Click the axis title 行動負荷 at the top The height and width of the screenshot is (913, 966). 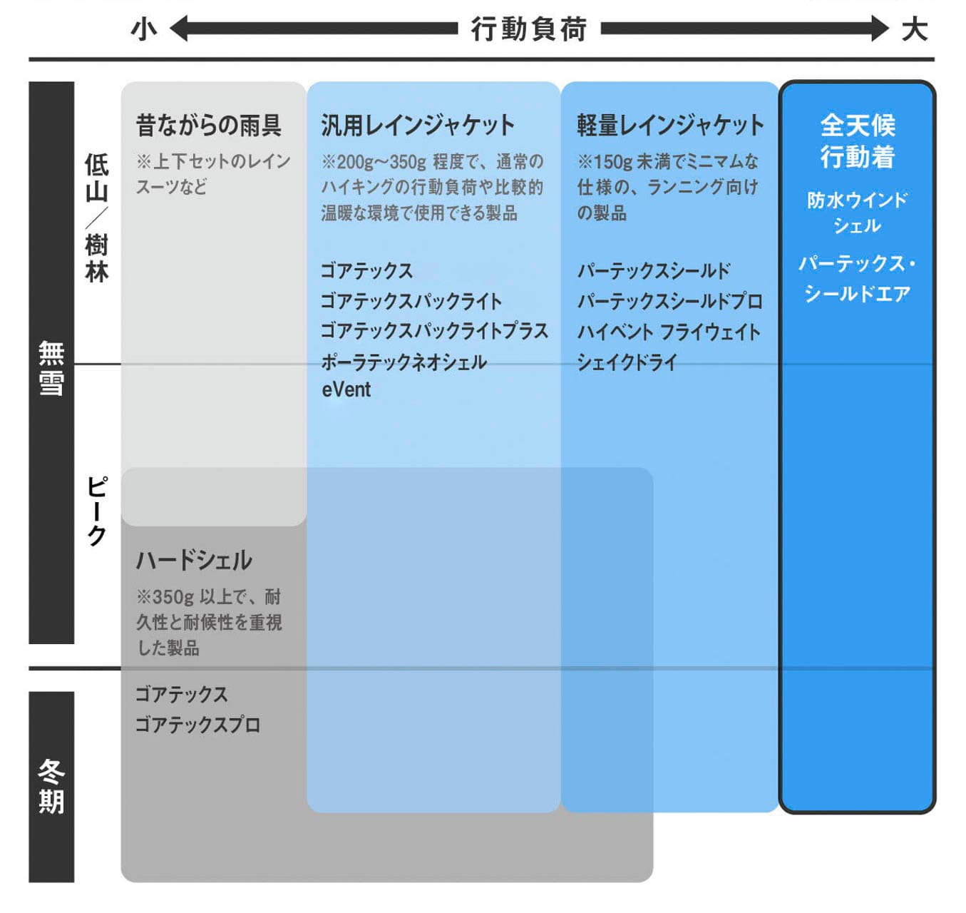(x=529, y=29)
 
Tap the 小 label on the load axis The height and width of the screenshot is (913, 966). (x=144, y=29)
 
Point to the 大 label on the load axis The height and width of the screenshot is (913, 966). (x=915, y=29)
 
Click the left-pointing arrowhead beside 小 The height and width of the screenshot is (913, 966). (x=178, y=29)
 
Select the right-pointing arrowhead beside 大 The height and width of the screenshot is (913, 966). (x=880, y=29)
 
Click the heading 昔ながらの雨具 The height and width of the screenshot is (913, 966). (x=209, y=125)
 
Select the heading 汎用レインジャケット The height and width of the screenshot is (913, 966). (x=417, y=125)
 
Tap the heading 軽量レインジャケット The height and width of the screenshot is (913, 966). (x=670, y=125)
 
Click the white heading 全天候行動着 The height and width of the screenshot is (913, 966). (x=858, y=141)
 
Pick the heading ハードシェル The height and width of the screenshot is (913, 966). (x=194, y=560)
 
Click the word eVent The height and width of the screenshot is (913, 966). (x=346, y=389)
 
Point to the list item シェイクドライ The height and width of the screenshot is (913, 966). (x=627, y=362)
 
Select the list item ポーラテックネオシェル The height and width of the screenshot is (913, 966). (x=404, y=362)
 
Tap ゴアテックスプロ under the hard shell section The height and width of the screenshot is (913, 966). (x=198, y=725)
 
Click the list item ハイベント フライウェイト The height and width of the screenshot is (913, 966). (x=669, y=332)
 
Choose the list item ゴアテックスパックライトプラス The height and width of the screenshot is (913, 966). (x=434, y=331)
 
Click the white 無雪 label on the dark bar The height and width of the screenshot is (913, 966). (x=51, y=368)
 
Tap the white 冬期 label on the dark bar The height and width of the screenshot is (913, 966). (x=51, y=786)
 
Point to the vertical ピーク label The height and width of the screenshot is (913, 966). (x=97, y=511)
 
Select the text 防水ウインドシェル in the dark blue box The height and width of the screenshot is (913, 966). (x=857, y=212)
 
